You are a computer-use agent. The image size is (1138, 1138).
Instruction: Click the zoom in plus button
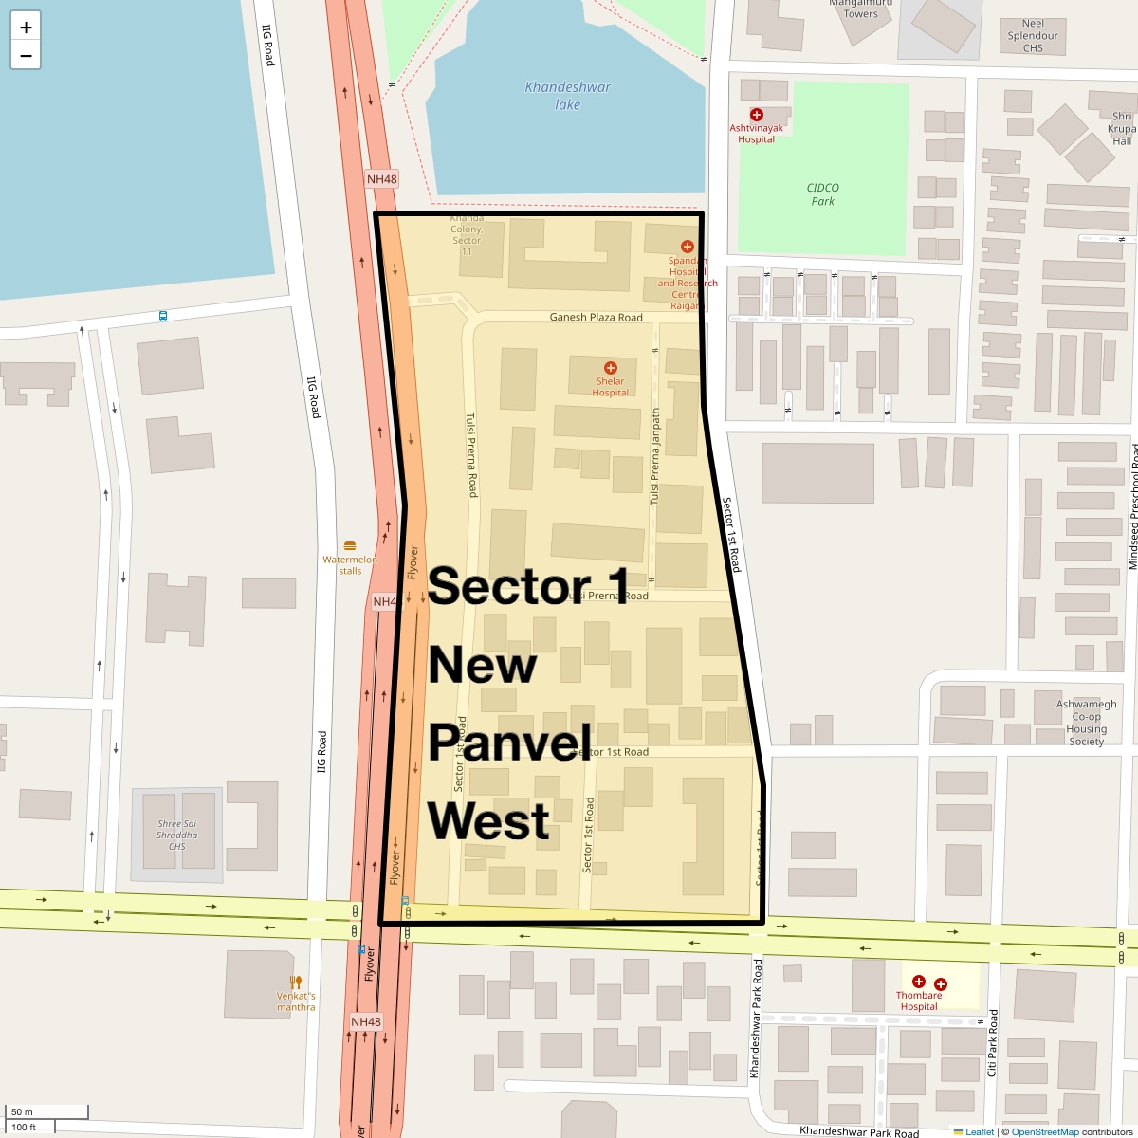pyautogui.click(x=26, y=28)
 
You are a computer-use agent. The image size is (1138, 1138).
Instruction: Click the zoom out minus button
pyautogui.click(x=26, y=56)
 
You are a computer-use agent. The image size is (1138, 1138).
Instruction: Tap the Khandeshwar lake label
pyautogui.click(x=568, y=96)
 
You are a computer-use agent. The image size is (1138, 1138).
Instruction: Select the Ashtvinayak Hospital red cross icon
pyautogui.click(x=756, y=115)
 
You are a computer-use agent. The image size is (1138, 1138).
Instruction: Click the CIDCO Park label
pyautogui.click(x=822, y=194)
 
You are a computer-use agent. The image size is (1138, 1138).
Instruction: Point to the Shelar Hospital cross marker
pyautogui.click(x=610, y=368)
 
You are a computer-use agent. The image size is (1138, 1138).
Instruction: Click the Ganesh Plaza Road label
pyautogui.click(x=596, y=318)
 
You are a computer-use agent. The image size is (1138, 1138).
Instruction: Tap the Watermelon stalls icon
pyautogui.click(x=350, y=546)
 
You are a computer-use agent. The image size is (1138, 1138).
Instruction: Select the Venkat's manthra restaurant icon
pyautogui.click(x=296, y=982)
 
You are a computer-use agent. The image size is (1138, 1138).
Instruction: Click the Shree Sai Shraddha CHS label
pyautogui.click(x=177, y=835)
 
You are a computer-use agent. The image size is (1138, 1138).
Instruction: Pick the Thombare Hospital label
pyautogui.click(x=919, y=1001)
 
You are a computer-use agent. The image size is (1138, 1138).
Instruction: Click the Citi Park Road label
pyautogui.click(x=992, y=1043)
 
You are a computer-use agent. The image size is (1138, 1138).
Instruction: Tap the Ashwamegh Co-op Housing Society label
pyautogui.click(x=1087, y=723)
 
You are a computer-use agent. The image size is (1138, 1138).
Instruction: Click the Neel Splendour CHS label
pyautogui.click(x=1033, y=36)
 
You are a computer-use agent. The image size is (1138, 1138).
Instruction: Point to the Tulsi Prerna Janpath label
pyautogui.click(x=654, y=456)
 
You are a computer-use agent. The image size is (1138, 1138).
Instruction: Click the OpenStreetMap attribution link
pyautogui.click(x=1045, y=1131)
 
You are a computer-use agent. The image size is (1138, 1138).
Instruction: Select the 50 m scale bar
pyautogui.click(x=47, y=1112)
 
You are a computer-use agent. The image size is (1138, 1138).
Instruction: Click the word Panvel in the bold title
pyautogui.click(x=509, y=743)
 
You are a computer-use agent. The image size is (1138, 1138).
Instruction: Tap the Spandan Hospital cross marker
pyautogui.click(x=688, y=247)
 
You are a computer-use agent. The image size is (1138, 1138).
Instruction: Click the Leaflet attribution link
pyautogui.click(x=979, y=1131)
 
